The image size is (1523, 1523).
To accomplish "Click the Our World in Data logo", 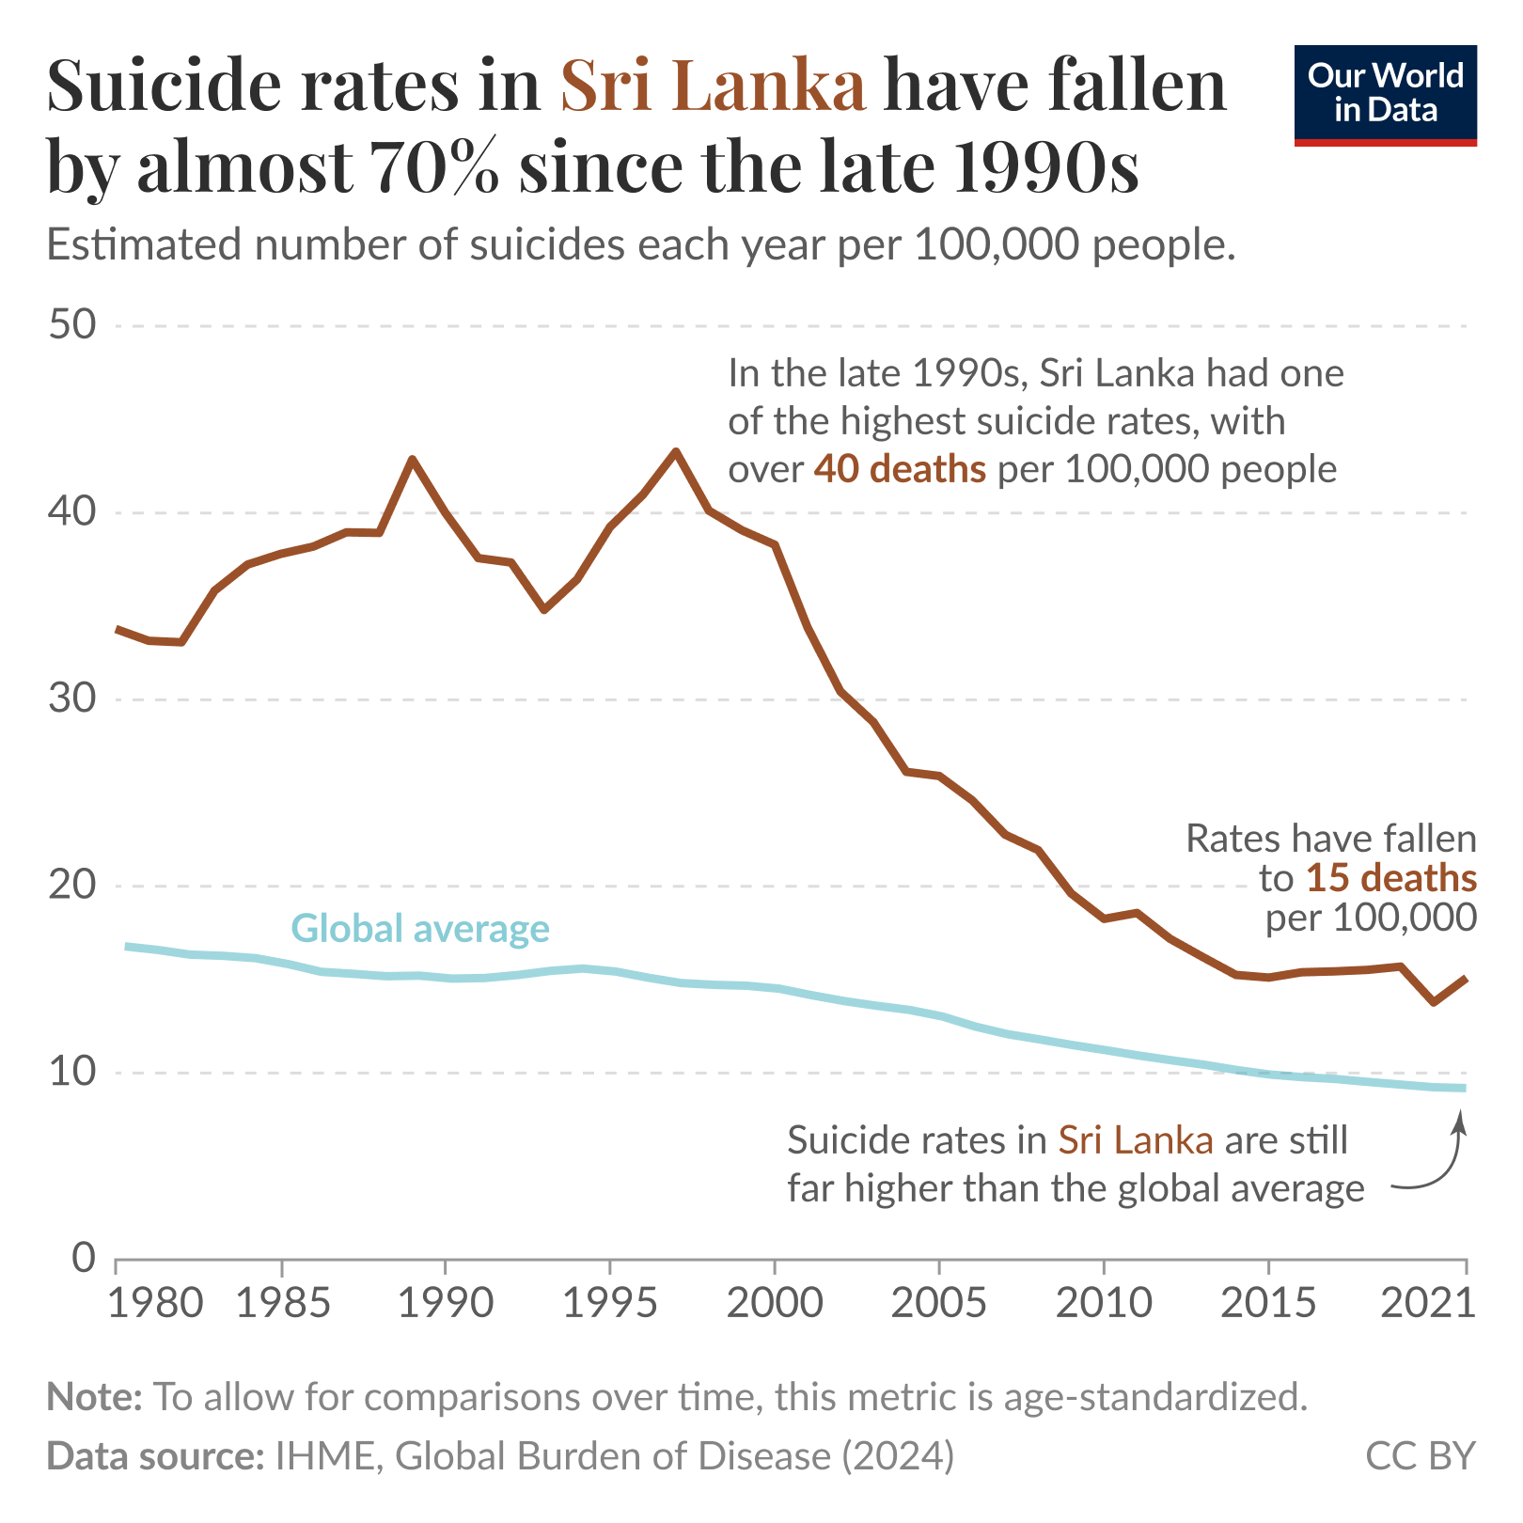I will pyautogui.click(x=1385, y=95).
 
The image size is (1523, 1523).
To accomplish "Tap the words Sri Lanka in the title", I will pyautogui.click(x=713, y=86).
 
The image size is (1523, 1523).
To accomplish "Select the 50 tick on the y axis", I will pyautogui.click(x=71, y=325).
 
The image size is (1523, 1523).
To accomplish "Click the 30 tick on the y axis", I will pyautogui.click(x=71, y=699).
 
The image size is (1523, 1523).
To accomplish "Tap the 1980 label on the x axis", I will pyautogui.click(x=155, y=1304).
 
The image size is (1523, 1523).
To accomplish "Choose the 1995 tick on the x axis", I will pyautogui.click(x=610, y=1304).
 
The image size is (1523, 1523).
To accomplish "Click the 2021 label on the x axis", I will pyautogui.click(x=1427, y=1304).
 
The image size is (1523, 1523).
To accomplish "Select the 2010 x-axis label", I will pyautogui.click(x=1103, y=1304).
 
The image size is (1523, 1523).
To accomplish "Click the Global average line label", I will pyautogui.click(x=420, y=928).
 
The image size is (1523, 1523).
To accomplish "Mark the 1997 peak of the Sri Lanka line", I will pyautogui.click(x=675, y=452).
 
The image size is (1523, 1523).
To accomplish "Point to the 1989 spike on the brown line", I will pyautogui.click(x=412, y=459).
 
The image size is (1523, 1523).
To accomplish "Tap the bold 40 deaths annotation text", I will pyautogui.click(x=900, y=468).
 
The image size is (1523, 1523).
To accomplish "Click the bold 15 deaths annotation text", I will pyautogui.click(x=1391, y=878).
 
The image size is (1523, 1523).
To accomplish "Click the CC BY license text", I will pyautogui.click(x=1420, y=1455).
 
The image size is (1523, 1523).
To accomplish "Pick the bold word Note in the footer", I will pyautogui.click(x=94, y=1397).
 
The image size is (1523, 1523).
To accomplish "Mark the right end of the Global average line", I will pyautogui.click(x=1463, y=1088).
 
